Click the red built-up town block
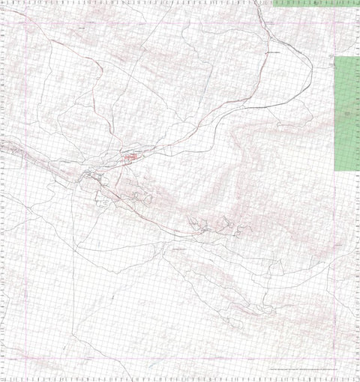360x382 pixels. tap(131, 158)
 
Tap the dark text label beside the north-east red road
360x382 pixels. tap(274, 54)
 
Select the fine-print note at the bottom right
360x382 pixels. tap(307, 372)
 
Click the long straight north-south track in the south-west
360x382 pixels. tap(75, 300)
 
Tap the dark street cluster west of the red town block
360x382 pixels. tap(94, 177)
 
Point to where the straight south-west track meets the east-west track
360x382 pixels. tap(76, 247)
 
